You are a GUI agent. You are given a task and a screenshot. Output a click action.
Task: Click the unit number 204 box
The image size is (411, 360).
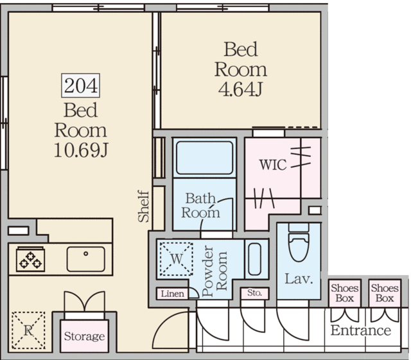coord(80,85)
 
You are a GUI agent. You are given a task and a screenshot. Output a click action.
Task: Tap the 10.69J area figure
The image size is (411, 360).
coord(81,150)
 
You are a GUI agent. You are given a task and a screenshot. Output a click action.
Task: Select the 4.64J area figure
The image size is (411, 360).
coord(240,89)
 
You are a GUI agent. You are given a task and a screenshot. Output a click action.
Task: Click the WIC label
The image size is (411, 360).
coord(273,165)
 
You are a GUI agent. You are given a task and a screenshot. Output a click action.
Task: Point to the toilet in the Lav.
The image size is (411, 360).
coord(299,242)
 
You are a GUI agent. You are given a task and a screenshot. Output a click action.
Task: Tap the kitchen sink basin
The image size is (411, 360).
coord(85,259)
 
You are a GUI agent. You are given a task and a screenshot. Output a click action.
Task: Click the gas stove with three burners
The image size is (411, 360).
coord(30,259)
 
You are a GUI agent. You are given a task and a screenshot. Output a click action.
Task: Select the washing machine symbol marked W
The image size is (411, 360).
coord(177,259)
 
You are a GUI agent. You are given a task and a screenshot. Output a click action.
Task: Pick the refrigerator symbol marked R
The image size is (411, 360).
coord(28,330)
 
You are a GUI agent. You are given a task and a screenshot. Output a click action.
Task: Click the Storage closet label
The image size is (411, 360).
coord(84,336)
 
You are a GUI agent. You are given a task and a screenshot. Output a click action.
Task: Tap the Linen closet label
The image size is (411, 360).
coord(172,294)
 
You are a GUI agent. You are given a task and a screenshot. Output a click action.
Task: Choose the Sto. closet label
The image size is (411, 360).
coord(254,292)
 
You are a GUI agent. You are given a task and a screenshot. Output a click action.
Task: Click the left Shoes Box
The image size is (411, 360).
coord(345,293)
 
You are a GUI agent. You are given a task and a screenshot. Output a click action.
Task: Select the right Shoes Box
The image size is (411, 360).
coord(385,293)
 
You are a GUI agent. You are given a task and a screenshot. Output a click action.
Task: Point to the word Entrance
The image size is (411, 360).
coord(361,330)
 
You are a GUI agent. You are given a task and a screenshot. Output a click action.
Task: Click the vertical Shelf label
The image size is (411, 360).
coord(144,206)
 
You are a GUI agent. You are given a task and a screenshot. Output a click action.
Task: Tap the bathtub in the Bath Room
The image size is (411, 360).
coord(204,158)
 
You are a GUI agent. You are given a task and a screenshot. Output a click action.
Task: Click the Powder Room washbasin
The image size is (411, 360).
coord(254,259)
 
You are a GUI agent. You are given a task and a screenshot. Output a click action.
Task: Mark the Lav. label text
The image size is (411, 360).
coord(299,278)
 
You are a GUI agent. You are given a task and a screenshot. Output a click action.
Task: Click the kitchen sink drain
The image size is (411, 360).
coord(85,254)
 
